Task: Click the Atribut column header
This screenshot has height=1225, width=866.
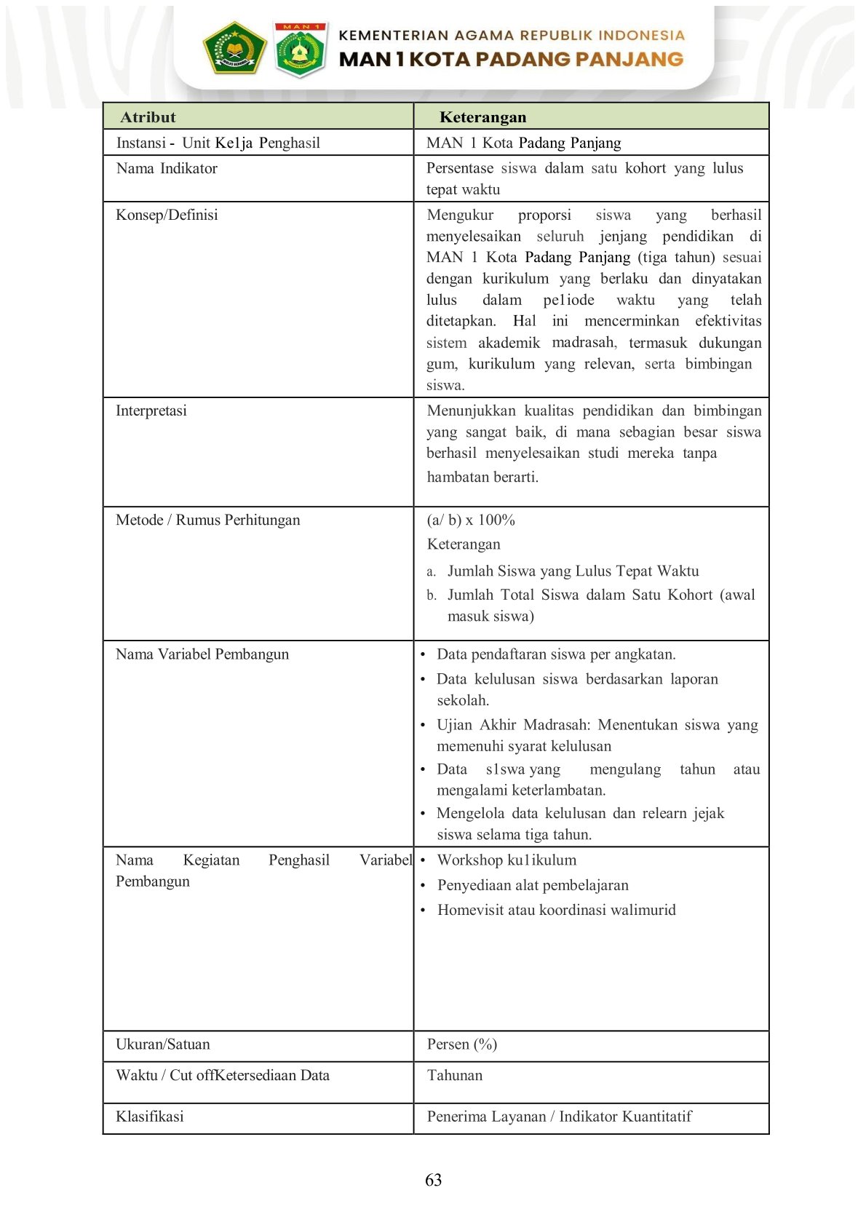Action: click(x=148, y=117)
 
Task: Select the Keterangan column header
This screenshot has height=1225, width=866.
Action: click(x=482, y=117)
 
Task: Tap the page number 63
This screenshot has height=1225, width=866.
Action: click(x=433, y=1180)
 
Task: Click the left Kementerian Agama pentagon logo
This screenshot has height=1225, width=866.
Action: click(x=234, y=48)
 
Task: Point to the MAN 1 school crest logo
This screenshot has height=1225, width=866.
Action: click(x=299, y=49)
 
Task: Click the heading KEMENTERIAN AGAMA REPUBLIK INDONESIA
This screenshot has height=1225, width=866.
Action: click(x=512, y=35)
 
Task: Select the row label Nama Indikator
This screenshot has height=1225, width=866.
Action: click(x=167, y=168)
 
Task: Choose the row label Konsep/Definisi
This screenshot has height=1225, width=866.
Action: click(x=167, y=215)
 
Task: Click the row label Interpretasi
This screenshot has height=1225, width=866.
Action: click(x=151, y=411)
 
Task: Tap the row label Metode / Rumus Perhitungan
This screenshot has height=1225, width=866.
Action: click(x=207, y=520)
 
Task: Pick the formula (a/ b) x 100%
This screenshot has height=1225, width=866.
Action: click(x=471, y=520)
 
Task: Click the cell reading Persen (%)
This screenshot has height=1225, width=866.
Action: click(x=461, y=1044)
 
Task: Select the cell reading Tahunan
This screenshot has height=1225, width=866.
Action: click(x=454, y=1075)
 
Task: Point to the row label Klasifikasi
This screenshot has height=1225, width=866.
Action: click(x=149, y=1117)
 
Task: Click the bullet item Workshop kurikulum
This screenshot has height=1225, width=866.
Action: click(x=507, y=860)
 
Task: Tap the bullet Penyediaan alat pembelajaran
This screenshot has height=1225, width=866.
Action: click(x=533, y=885)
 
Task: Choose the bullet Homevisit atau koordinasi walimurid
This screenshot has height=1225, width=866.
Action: click(x=556, y=910)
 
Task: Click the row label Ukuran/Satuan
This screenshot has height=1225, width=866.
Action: click(x=162, y=1044)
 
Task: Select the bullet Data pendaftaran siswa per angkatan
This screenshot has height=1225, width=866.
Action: click(x=556, y=654)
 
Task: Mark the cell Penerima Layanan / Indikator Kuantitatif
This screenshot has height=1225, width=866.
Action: click(x=559, y=1117)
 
